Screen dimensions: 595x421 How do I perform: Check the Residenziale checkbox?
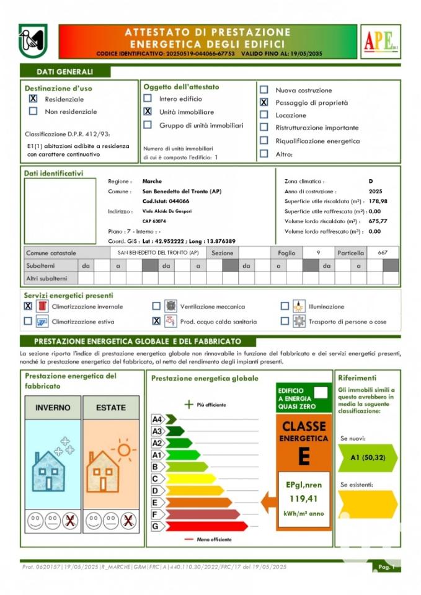pyautogui.click(x=33, y=99)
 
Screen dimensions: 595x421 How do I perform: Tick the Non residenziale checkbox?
pyautogui.click(x=33, y=112)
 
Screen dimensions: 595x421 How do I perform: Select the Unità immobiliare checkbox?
pyautogui.click(x=148, y=112)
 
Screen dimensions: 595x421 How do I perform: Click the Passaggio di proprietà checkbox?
pyautogui.click(x=264, y=102)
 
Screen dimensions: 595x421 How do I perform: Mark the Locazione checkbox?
pyautogui.click(x=264, y=115)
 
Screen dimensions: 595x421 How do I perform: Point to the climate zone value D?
pyautogui.click(x=371, y=181)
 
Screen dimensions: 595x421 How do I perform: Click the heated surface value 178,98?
pyautogui.click(x=378, y=201)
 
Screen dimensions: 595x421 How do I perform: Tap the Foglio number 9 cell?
pyautogui.click(x=318, y=253)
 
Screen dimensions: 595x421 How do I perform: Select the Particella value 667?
pyautogui.click(x=383, y=253)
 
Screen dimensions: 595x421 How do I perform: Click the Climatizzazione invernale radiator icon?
pyautogui.click(x=42, y=306)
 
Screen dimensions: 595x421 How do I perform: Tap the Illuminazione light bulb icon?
pyautogui.click(x=299, y=306)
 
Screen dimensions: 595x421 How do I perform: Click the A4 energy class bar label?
pyautogui.click(x=157, y=420)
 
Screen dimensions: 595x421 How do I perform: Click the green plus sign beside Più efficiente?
pyautogui.click(x=189, y=405)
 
